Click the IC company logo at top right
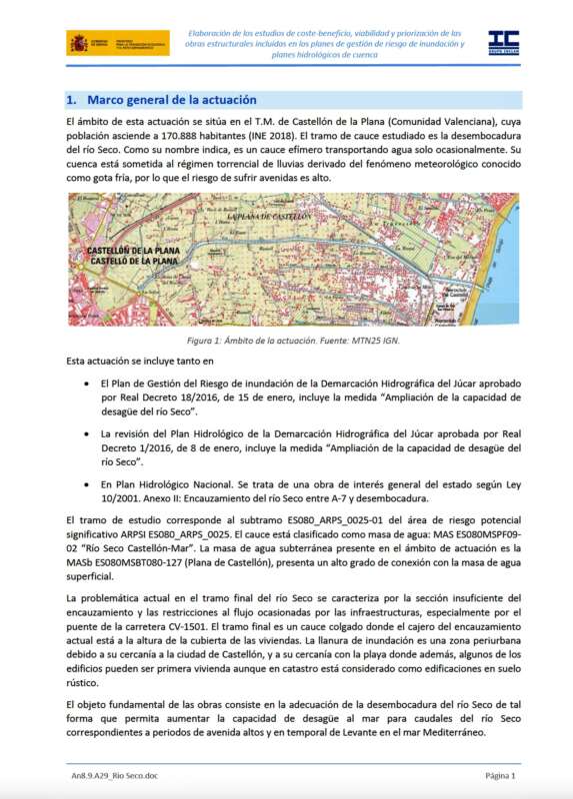[502, 42]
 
